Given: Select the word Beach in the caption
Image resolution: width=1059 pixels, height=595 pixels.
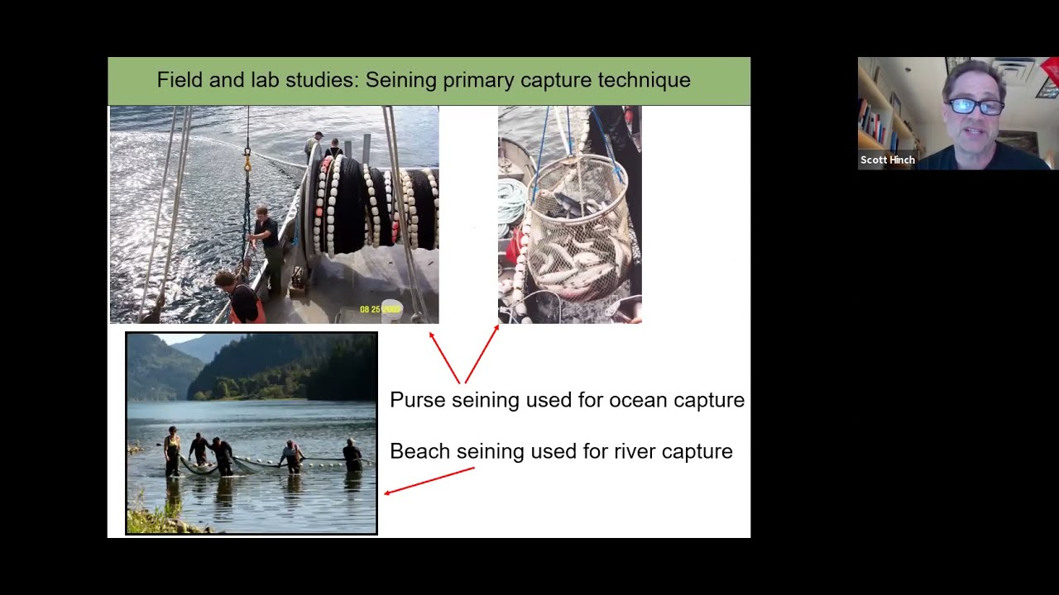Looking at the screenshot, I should [x=420, y=451].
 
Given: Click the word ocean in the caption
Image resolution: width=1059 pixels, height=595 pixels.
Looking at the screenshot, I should [x=638, y=400].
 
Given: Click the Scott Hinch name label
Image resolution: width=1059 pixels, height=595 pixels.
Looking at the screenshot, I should [x=887, y=160].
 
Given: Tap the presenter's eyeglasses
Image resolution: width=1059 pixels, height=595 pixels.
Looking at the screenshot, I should [x=975, y=106].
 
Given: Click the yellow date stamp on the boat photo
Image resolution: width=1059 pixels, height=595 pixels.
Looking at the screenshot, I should [x=380, y=310].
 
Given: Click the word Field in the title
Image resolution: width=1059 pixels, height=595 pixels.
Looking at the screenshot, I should [x=178, y=80].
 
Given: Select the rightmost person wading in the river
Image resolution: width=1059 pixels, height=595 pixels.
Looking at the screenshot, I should [x=352, y=455].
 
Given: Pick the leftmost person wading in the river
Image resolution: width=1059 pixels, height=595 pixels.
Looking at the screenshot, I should [x=172, y=450].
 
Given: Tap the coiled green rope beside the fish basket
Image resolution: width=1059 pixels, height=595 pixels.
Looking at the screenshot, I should [x=512, y=202].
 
